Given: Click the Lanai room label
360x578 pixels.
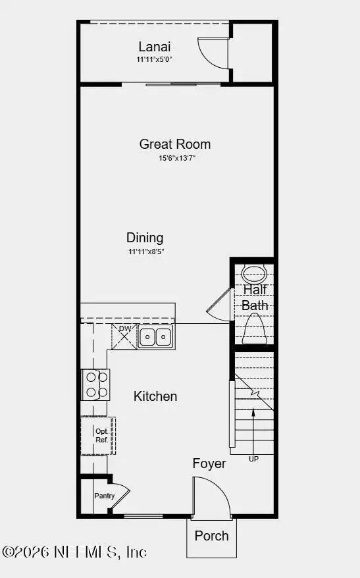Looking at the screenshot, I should tap(155, 47).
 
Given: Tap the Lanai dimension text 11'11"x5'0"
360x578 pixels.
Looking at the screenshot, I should tap(155, 59).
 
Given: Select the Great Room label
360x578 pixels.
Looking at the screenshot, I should tap(175, 144).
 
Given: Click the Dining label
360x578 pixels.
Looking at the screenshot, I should tap(145, 238).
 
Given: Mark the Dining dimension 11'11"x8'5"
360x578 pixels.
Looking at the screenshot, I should tap(145, 251).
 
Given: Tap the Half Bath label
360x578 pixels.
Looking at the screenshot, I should tap(255, 298).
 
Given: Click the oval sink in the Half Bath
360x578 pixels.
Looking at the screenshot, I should tap(253, 273).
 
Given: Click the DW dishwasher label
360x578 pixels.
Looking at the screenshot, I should tap(124, 329).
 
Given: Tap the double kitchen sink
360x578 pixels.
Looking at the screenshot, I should tap(155, 336).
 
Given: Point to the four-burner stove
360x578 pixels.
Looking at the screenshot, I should tap(95, 384).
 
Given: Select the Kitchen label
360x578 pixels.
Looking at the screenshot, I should tap(155, 396).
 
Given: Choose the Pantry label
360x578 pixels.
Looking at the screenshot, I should tap(104, 496).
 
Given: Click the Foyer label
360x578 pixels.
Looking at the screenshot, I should tap(209, 463).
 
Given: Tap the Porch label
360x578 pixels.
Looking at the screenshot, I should tap(211, 535).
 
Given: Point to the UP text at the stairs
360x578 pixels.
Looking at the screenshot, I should tap(253, 459).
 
